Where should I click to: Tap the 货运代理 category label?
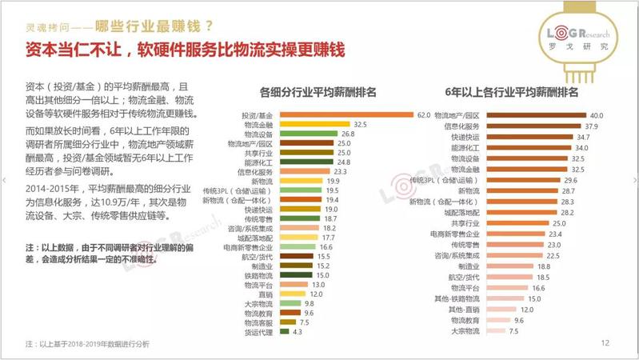[259, 331]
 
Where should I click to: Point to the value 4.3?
[298, 331]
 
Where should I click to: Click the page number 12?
[605, 342]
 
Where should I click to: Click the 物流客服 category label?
[259, 322]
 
